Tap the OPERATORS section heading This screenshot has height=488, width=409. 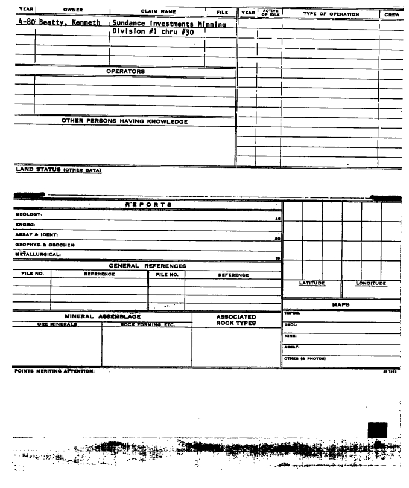(125, 71)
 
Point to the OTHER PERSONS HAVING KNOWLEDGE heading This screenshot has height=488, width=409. (125, 121)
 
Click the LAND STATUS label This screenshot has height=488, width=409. (58, 169)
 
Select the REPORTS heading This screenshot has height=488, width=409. (148, 205)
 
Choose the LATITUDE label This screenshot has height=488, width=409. (312, 283)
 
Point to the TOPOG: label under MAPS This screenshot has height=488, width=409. (291, 313)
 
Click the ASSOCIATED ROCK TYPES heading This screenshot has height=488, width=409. (235, 319)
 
